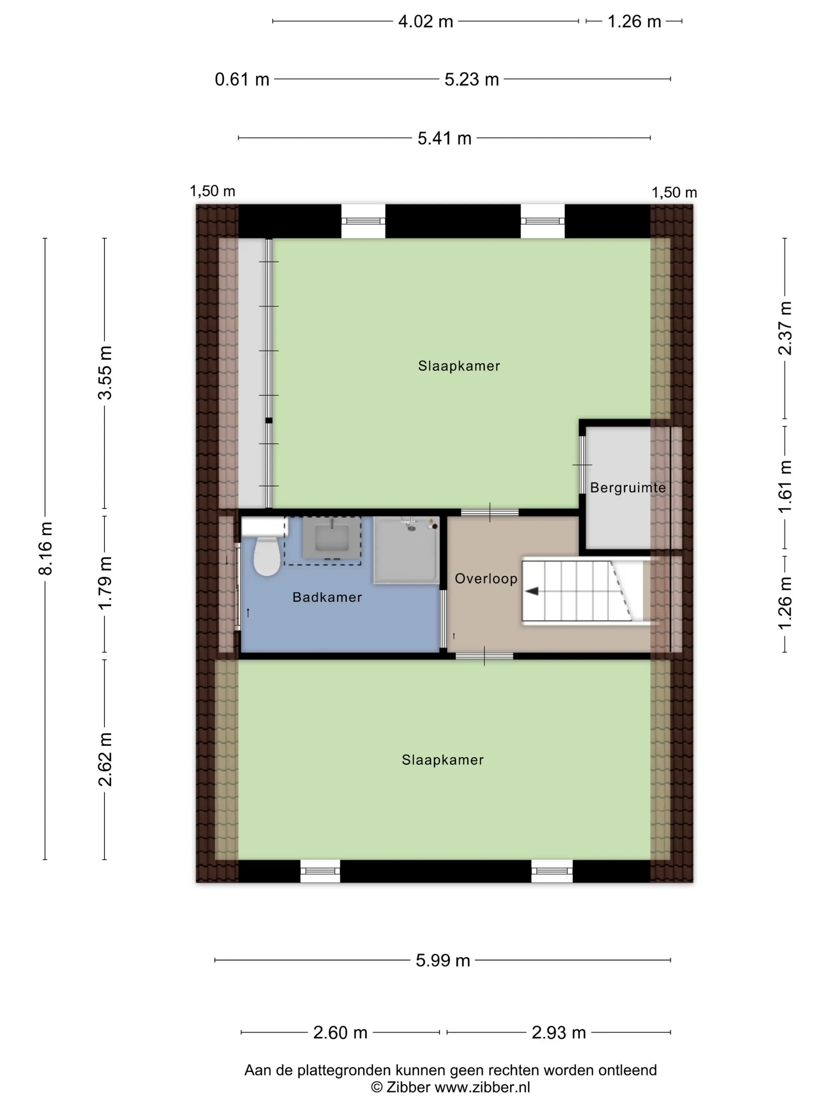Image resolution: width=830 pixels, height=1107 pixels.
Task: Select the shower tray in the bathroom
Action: [x=406, y=550]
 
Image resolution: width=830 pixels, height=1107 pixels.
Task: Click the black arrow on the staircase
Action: [x=532, y=591]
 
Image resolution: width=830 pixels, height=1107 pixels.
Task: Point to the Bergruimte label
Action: [x=628, y=487]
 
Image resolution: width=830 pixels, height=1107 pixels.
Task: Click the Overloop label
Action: [x=486, y=578]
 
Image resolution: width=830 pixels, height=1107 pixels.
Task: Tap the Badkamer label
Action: [x=327, y=597]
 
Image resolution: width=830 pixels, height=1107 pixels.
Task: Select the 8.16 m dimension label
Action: [x=45, y=548]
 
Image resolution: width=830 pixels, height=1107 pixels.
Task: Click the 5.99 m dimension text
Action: [x=443, y=960]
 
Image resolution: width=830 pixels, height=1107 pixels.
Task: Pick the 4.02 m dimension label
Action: [x=426, y=21]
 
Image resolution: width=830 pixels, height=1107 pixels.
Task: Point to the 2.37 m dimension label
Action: [x=785, y=328]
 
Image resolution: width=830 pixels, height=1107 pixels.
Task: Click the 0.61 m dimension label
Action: [x=242, y=79]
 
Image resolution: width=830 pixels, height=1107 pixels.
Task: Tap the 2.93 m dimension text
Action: [x=558, y=1032]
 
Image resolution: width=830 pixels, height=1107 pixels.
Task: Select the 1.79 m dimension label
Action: [x=105, y=583]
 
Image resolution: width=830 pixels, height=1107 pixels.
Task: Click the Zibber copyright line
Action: [x=450, y=1087]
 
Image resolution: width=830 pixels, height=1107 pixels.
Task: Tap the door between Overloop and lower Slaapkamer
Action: [x=484, y=656]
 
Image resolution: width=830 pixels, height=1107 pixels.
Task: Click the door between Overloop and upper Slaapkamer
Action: [x=490, y=512]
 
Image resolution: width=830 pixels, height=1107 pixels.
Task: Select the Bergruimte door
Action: [x=582, y=465]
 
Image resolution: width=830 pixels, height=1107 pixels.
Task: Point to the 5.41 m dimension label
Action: [x=445, y=138]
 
